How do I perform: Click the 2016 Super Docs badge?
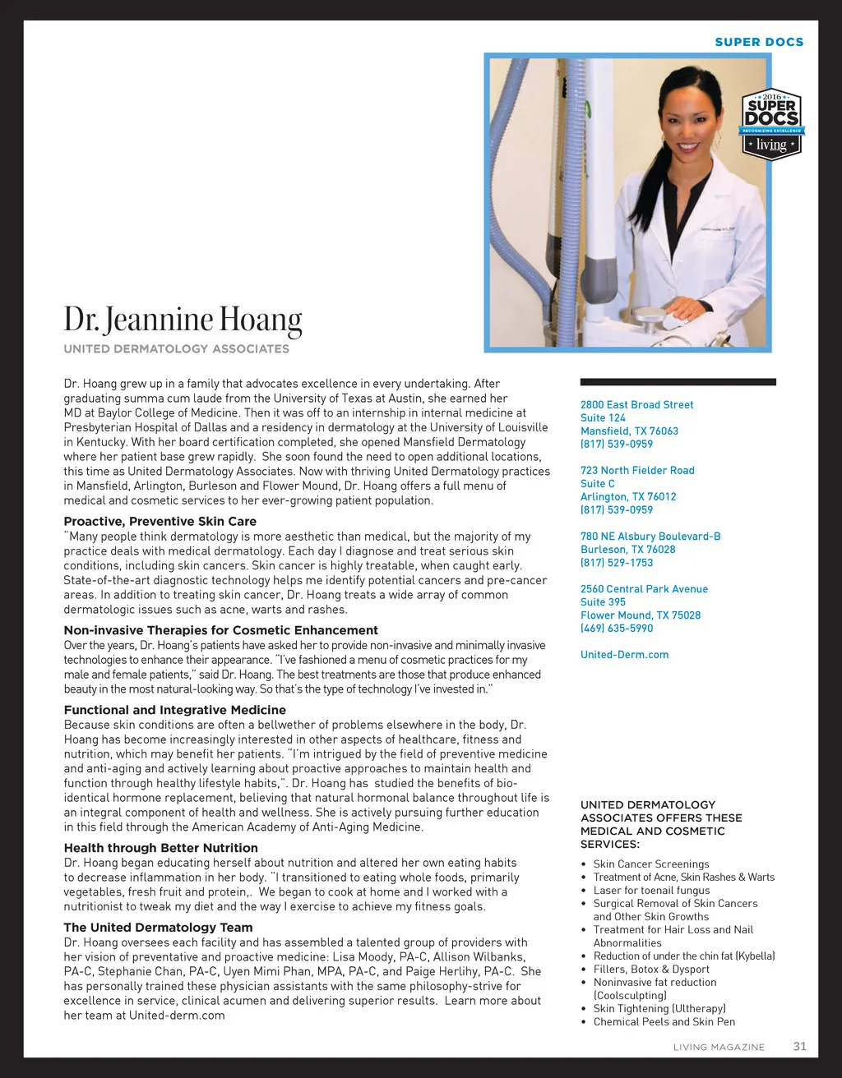[772, 124]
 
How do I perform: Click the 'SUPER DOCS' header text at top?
[759, 42]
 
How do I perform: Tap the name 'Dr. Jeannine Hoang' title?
[183, 319]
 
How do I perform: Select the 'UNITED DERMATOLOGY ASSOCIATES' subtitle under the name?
[177, 348]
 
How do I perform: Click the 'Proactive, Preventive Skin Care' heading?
[160, 521]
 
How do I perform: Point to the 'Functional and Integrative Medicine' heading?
[175, 710]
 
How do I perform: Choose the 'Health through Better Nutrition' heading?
[161, 848]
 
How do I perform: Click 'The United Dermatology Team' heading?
[159, 928]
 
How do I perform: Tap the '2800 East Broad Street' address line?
[637, 404]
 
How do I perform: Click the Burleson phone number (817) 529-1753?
[617, 562]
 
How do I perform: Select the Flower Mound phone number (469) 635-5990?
[617, 628]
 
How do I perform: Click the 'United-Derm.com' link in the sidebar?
[625, 654]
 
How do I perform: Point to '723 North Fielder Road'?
[637, 470]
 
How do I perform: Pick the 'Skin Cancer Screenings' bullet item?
[651, 864]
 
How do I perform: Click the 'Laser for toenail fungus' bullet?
[651, 890]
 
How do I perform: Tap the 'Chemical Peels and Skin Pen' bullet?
[664, 1021]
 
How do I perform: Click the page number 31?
[799, 1046]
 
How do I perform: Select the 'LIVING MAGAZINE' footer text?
[719, 1048]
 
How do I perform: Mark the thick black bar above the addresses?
[678, 382]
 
